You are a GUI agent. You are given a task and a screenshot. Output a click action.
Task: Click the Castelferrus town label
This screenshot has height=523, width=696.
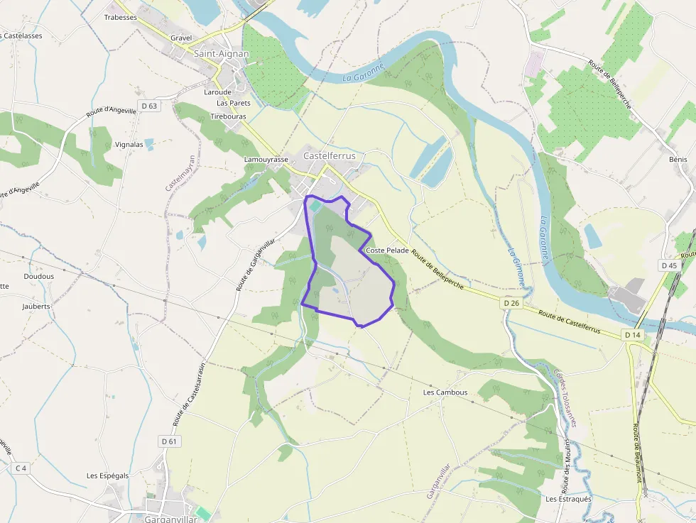pos(329,155)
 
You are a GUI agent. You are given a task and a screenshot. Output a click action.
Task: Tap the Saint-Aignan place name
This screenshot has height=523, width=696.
pos(220,53)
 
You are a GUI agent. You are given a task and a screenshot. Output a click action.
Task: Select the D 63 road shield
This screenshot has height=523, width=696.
pos(149,106)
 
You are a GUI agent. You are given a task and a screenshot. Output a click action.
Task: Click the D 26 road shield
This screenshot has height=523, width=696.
pos(511,303)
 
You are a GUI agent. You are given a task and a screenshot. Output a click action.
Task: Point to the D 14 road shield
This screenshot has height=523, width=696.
pos(633,334)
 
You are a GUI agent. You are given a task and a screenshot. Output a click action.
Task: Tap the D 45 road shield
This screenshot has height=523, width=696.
pos(669,265)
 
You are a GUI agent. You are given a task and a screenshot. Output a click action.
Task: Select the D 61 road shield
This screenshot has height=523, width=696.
pos(168,441)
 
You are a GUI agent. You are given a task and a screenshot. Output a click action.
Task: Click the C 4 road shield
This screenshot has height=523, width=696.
pos(21,468)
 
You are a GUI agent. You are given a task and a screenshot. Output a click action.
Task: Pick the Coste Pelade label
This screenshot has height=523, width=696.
pos(387,251)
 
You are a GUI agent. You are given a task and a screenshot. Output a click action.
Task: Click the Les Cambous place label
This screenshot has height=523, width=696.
pos(445,392)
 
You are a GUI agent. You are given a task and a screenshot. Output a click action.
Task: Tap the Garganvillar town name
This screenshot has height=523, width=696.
pos(170,519)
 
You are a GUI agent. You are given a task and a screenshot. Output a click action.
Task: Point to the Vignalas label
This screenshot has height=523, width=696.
pos(129,144)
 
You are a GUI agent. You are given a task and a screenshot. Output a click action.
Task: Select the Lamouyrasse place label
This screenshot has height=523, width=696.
pos(266,160)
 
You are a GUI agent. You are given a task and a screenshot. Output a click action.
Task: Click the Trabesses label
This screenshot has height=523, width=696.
pos(120,17)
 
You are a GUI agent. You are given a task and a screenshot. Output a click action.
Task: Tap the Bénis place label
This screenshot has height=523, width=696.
pos(678,160)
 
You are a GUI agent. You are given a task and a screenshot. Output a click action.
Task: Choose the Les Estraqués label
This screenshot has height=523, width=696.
pos(568,499)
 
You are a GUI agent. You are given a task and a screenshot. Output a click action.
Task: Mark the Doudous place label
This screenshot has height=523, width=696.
pos(38,276)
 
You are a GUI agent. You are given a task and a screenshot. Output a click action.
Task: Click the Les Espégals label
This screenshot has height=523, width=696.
pos(108,475)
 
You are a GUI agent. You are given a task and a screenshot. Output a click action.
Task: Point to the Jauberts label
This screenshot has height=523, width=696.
pos(36,306)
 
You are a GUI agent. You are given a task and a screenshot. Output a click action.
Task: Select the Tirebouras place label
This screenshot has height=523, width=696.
pos(229,116)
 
